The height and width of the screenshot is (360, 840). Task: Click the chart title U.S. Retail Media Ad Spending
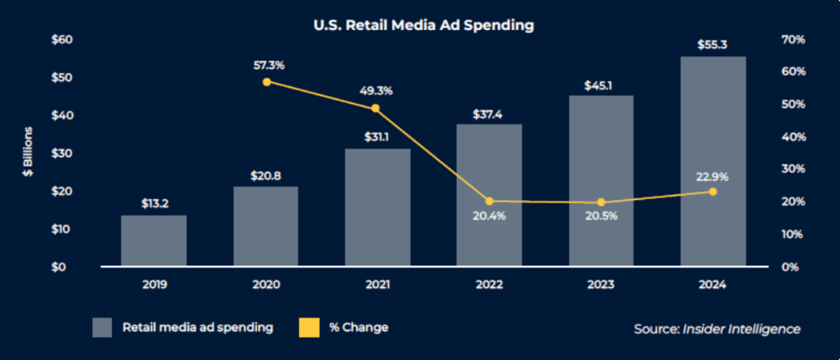[423, 25]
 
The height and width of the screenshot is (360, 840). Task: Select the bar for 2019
[153, 241]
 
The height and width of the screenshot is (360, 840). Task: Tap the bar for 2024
[712, 162]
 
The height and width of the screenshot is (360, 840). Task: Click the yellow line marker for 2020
[266, 82]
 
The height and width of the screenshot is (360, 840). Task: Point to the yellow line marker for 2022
[489, 201]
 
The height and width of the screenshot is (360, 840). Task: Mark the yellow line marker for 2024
[712, 192]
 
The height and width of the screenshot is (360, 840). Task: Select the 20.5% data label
[600, 216]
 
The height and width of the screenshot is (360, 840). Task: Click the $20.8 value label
[266, 174]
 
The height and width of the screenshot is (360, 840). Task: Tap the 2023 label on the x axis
[600, 285]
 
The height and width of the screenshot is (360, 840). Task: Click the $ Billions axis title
[27, 152]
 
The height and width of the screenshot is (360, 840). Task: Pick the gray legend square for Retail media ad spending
[102, 327]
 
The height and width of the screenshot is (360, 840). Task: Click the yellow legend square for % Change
[308, 327]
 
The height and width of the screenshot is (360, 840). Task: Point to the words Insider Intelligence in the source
[741, 328]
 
